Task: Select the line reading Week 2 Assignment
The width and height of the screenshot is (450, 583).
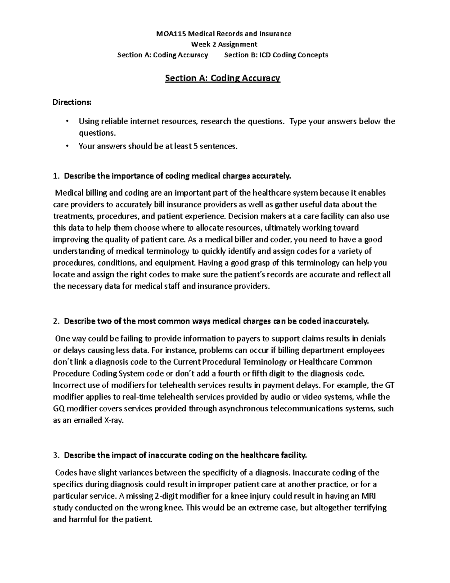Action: click(x=224, y=44)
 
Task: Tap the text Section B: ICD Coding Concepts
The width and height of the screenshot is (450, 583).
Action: click(x=276, y=55)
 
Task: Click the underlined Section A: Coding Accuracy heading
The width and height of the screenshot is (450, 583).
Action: click(x=223, y=78)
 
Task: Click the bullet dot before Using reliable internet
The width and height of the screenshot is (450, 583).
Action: click(x=67, y=121)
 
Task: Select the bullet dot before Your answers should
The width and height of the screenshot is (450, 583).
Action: click(x=67, y=146)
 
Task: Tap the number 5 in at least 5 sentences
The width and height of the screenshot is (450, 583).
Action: click(x=195, y=146)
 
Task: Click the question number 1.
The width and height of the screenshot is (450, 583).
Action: click(x=56, y=176)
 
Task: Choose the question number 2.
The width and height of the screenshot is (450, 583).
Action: click(x=56, y=321)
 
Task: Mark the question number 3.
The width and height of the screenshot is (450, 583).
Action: click(x=56, y=455)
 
